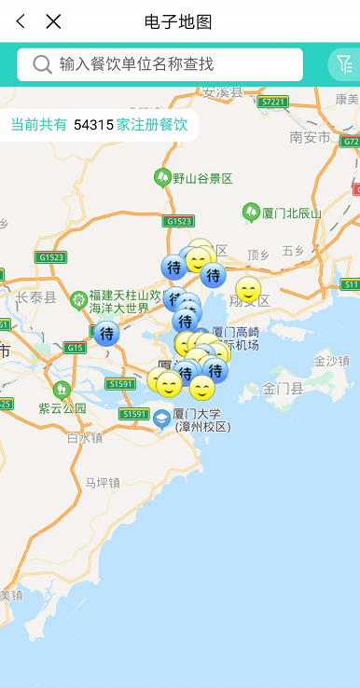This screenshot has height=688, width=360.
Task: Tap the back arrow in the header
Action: tap(21, 21)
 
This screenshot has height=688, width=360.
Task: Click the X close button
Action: tap(53, 21)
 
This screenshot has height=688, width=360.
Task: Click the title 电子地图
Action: tap(178, 21)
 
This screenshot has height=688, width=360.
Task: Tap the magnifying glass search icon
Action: tap(42, 64)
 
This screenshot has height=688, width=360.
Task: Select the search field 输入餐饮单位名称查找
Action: tap(173, 64)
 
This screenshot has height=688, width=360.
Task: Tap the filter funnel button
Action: tap(344, 64)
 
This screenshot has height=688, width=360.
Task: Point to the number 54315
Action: tap(93, 124)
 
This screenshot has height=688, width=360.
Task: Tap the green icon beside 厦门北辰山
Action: tap(251, 213)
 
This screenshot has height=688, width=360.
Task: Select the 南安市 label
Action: tap(311, 137)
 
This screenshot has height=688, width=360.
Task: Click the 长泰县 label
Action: tap(35, 297)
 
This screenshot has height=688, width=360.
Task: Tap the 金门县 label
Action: tap(283, 387)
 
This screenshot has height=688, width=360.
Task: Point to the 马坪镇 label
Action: tap(102, 482)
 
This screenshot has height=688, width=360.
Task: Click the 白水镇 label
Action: tap(84, 437)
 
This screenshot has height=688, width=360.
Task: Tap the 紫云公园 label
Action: tap(62, 407)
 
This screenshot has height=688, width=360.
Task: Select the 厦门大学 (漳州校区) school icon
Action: tap(162, 420)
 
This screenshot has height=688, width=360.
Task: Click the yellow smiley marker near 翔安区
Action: tap(248, 290)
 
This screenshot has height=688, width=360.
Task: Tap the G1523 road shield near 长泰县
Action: tap(51, 256)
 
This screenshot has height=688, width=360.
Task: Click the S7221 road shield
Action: tap(273, 102)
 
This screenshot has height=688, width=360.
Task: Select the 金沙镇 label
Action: tap(331, 361)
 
